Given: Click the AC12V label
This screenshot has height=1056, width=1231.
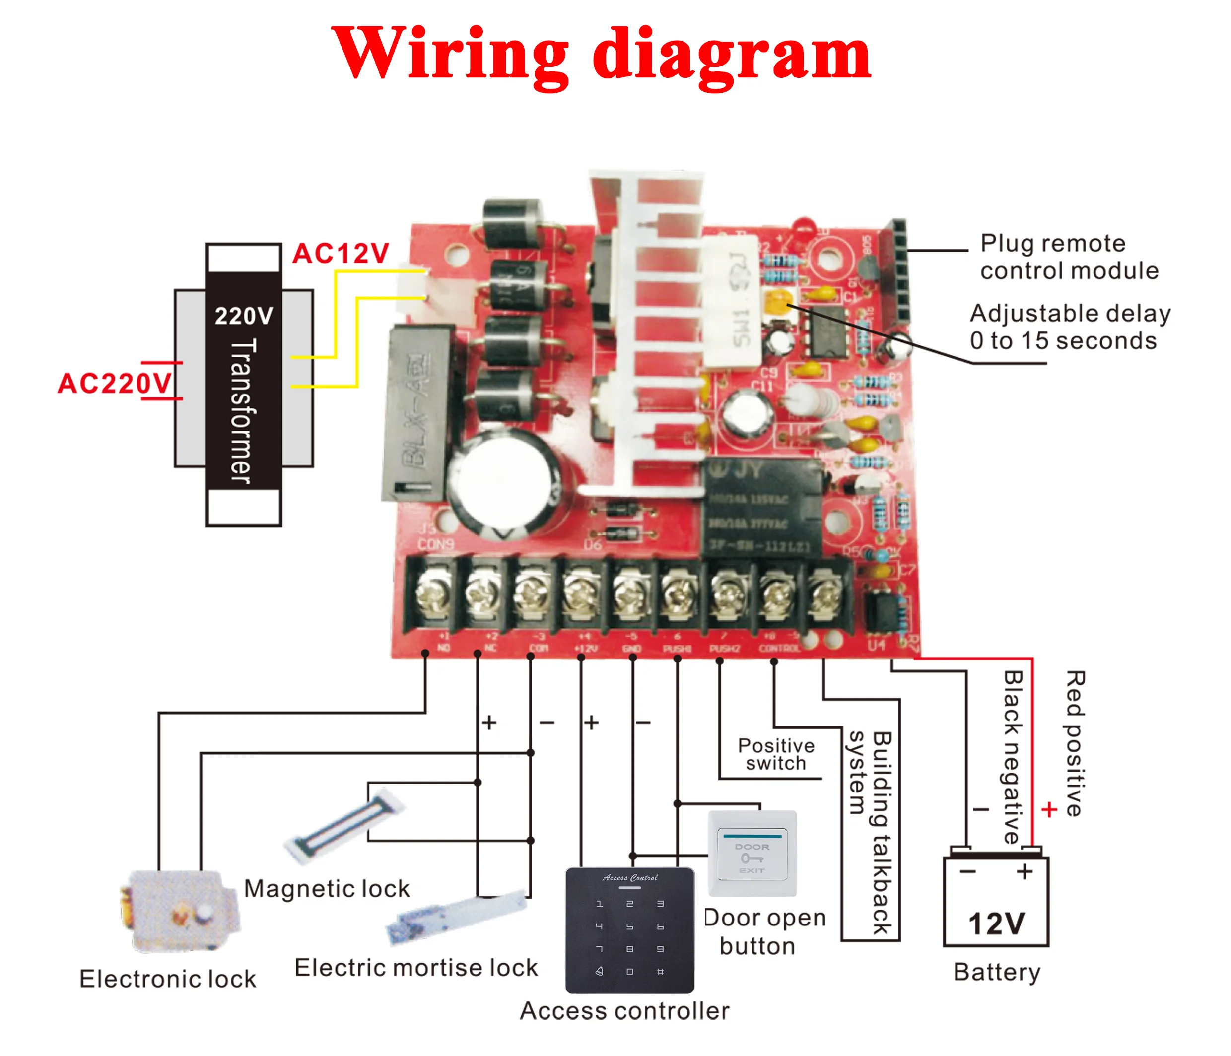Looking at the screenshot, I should click(341, 254).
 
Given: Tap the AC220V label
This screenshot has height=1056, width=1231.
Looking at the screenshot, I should click(115, 383).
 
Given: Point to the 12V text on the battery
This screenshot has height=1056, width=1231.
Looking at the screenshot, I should click(996, 924).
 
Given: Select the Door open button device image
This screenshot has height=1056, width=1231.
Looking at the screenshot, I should click(752, 854).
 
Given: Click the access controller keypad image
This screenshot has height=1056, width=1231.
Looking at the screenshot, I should click(630, 930).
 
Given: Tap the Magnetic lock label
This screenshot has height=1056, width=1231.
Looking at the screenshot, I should click(327, 889).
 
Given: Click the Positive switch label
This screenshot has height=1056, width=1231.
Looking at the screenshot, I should click(776, 754).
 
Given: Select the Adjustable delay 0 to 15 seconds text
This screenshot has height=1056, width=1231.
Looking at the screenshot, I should click(1069, 327).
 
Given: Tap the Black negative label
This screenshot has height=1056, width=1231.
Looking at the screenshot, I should click(1013, 757).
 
